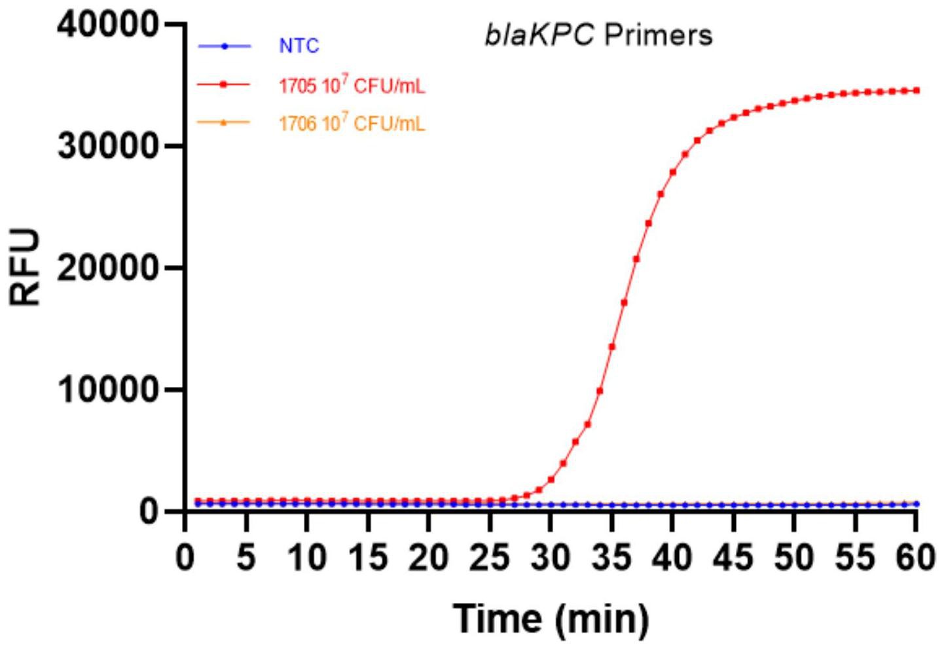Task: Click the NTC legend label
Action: point(299,46)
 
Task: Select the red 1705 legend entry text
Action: point(352,85)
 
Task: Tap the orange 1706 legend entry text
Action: point(352,123)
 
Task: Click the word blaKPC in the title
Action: point(539,35)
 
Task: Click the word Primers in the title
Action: point(658,35)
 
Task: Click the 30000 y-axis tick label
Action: point(108,147)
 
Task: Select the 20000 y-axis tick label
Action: point(108,268)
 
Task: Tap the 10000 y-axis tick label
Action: point(108,390)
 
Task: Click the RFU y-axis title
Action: point(26,268)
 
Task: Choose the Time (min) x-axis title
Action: point(551,618)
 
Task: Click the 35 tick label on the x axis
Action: point(612,558)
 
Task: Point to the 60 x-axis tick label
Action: point(915,558)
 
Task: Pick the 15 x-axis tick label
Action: point(369,558)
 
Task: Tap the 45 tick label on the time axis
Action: point(733,558)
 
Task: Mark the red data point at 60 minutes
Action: point(917,90)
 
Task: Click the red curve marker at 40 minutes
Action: point(673,172)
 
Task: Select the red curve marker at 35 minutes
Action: point(612,346)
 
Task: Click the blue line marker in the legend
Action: point(224,46)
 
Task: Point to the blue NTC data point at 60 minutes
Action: point(917,504)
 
